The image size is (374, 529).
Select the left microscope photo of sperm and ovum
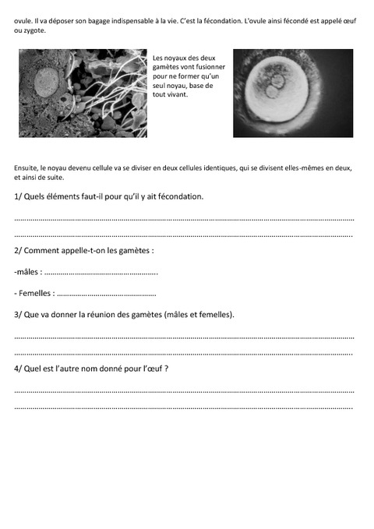point(83,93)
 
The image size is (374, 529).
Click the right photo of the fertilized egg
point(292,93)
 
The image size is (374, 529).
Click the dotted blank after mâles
point(101,273)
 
